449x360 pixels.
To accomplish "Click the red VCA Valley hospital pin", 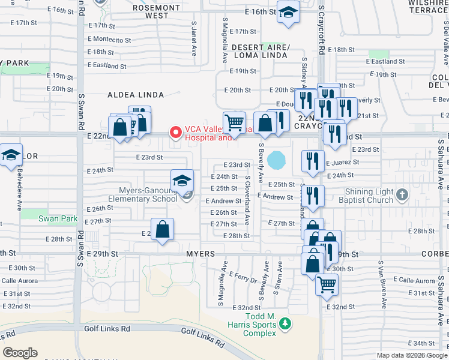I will coord(176,131).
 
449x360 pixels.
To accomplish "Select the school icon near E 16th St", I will coord(288,11).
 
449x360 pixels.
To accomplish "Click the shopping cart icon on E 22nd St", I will coord(234,122).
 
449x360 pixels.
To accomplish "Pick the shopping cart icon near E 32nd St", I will coord(327,284).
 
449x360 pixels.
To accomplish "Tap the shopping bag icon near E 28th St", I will coord(162,229).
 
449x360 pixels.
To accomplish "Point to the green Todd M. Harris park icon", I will coord(286,325).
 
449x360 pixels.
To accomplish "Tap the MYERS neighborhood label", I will coord(200,254).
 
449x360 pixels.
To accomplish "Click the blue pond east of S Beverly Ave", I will coord(277,160).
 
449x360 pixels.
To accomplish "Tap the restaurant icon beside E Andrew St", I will coord(312,195).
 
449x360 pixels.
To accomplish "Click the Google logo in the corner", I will coord(20,352).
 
